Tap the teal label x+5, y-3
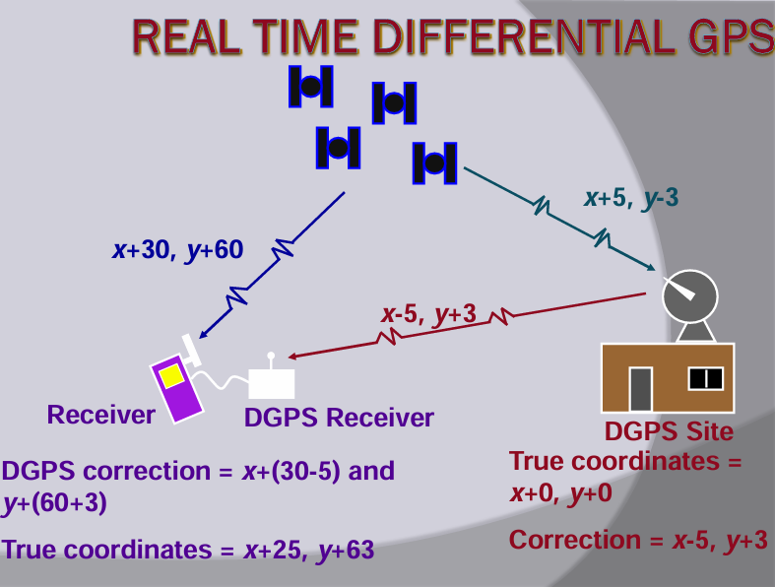[631, 198]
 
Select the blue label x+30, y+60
[178, 250]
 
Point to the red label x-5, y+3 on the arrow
[428, 313]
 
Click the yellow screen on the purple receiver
[171, 377]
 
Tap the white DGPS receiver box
[272, 383]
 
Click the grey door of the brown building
[640, 389]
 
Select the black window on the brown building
[706, 379]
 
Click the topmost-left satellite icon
[311, 87]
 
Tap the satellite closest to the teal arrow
[435, 163]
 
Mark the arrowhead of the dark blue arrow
[202, 335]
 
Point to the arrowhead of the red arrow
[292, 357]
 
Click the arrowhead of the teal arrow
[652, 268]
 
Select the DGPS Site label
[669, 431]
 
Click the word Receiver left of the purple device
[100, 415]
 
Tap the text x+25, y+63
[308, 550]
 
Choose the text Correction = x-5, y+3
[638, 540]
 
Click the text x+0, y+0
[560, 493]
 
